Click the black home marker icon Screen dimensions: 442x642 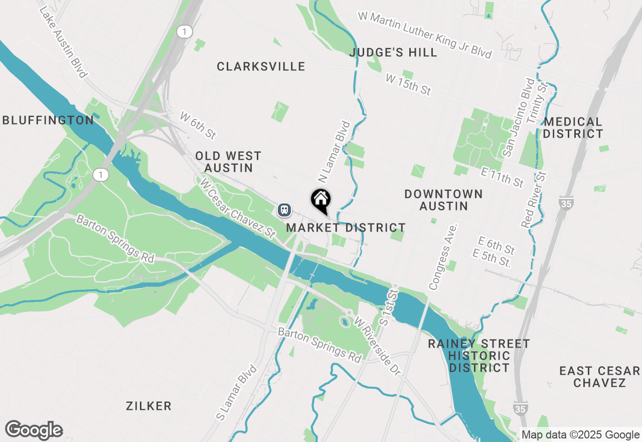(320, 200)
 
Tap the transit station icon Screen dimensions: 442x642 (284, 209)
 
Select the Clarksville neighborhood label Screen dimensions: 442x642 (261, 66)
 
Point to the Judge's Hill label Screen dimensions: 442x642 (393, 52)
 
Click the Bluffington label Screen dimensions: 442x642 (48, 120)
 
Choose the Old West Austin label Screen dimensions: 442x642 (228, 162)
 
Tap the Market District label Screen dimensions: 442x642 (346, 228)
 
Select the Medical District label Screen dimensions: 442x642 (573, 128)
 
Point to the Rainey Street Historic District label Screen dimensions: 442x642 (478, 356)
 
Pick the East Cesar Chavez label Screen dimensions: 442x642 (599, 377)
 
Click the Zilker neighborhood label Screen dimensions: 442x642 (149, 406)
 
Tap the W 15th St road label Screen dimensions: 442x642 (408, 84)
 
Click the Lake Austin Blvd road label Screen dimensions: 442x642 (63, 43)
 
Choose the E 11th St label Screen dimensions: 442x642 (502, 176)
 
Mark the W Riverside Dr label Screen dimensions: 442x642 (378, 346)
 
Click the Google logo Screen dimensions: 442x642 (34, 430)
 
